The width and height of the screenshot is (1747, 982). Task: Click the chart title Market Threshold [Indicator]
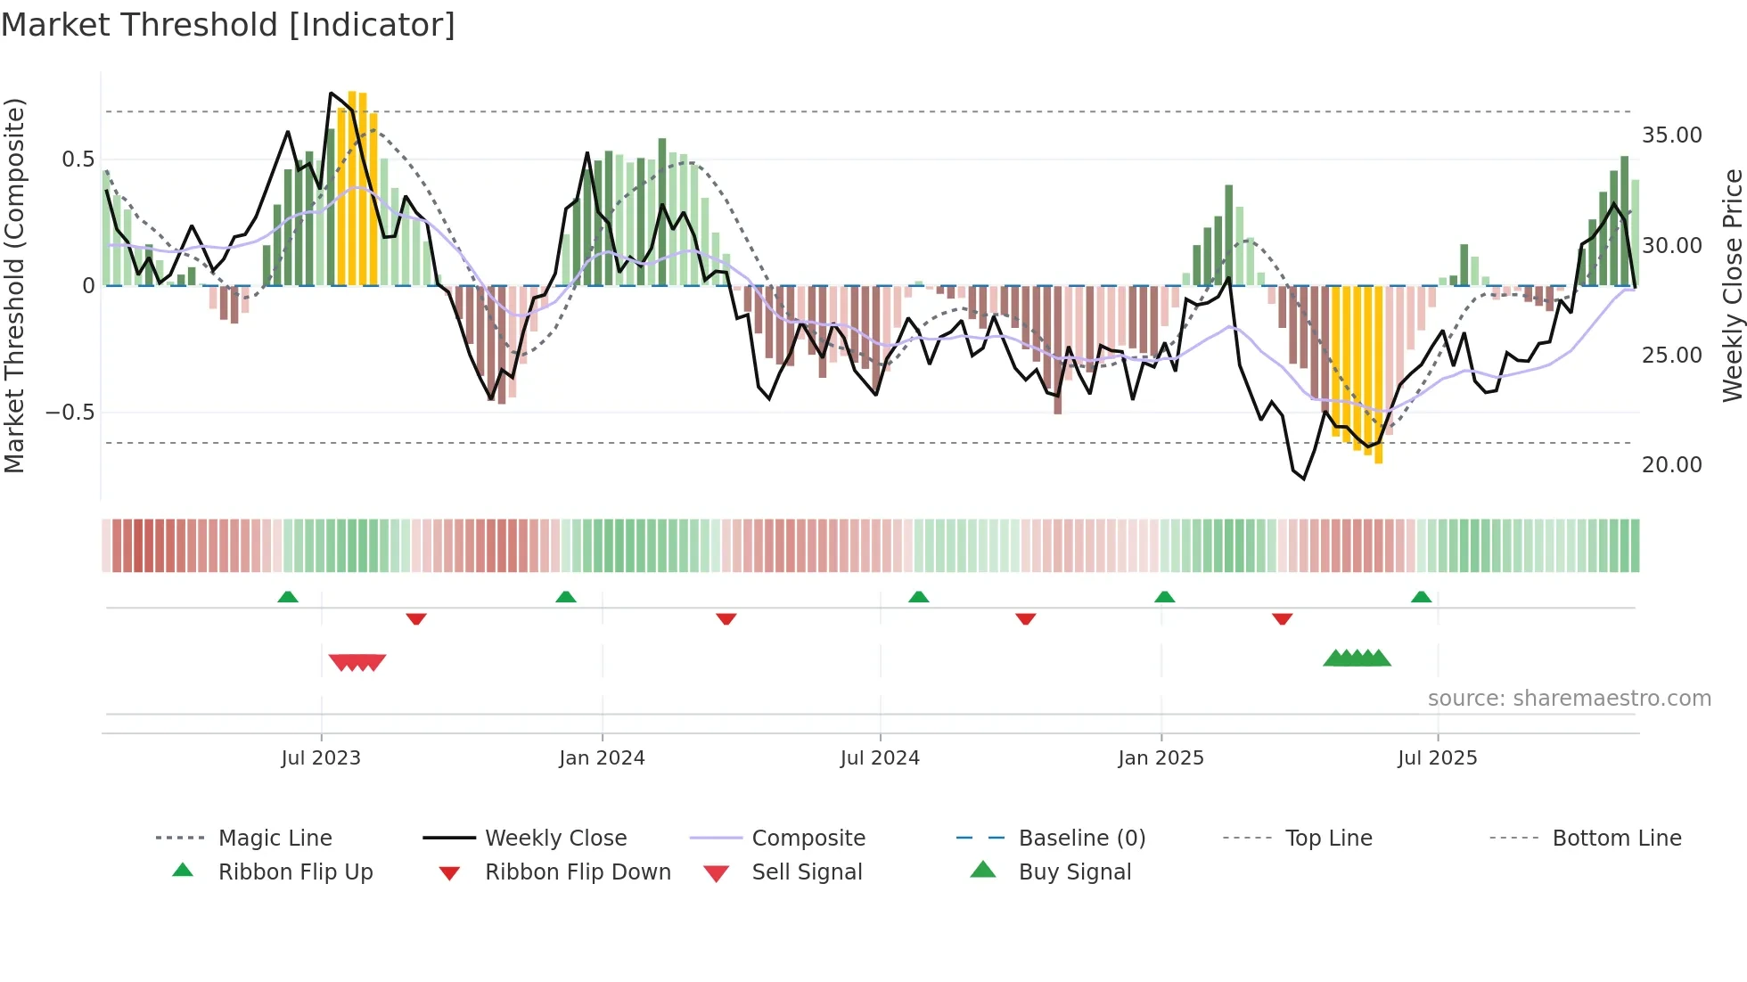click(228, 25)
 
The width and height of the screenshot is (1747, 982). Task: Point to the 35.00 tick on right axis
click(1671, 135)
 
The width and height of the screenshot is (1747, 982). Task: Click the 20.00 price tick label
click(1671, 465)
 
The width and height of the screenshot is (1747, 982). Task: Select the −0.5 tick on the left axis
click(70, 413)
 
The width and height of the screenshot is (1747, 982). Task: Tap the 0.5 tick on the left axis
click(78, 160)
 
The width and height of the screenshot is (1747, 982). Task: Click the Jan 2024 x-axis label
click(602, 758)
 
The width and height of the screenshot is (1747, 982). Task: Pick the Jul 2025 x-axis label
click(1437, 758)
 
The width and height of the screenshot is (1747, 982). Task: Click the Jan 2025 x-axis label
click(1161, 758)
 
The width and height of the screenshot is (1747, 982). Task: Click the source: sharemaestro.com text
click(1569, 699)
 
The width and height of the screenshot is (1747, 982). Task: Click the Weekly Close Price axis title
click(1732, 285)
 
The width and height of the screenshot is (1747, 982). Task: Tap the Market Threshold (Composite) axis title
click(14, 285)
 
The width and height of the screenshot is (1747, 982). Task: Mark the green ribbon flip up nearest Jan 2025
click(1164, 597)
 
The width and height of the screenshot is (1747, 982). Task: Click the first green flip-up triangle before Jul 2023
click(287, 597)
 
